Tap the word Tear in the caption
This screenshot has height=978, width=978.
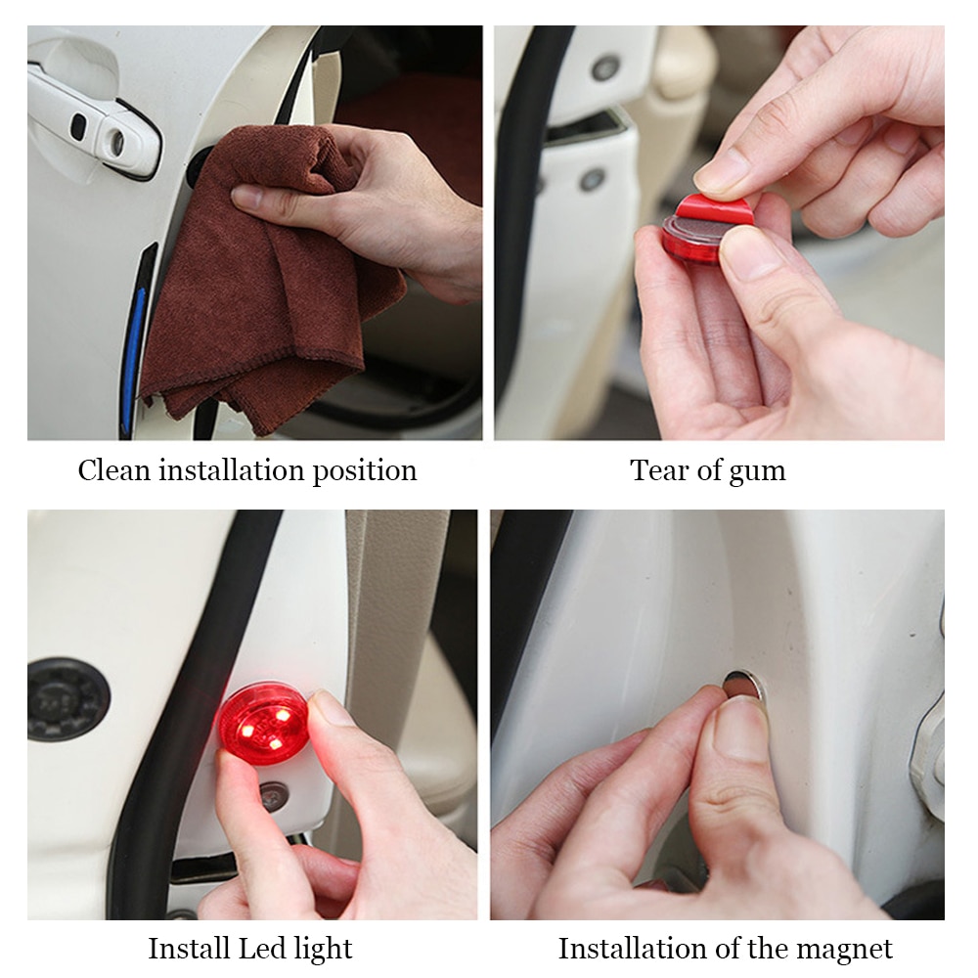click(x=656, y=470)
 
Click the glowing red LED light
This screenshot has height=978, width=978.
click(x=263, y=722)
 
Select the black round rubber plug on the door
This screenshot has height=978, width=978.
click(x=67, y=698)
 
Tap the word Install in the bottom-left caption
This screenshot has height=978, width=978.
click(x=189, y=948)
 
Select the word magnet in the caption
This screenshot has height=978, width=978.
click(x=842, y=949)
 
